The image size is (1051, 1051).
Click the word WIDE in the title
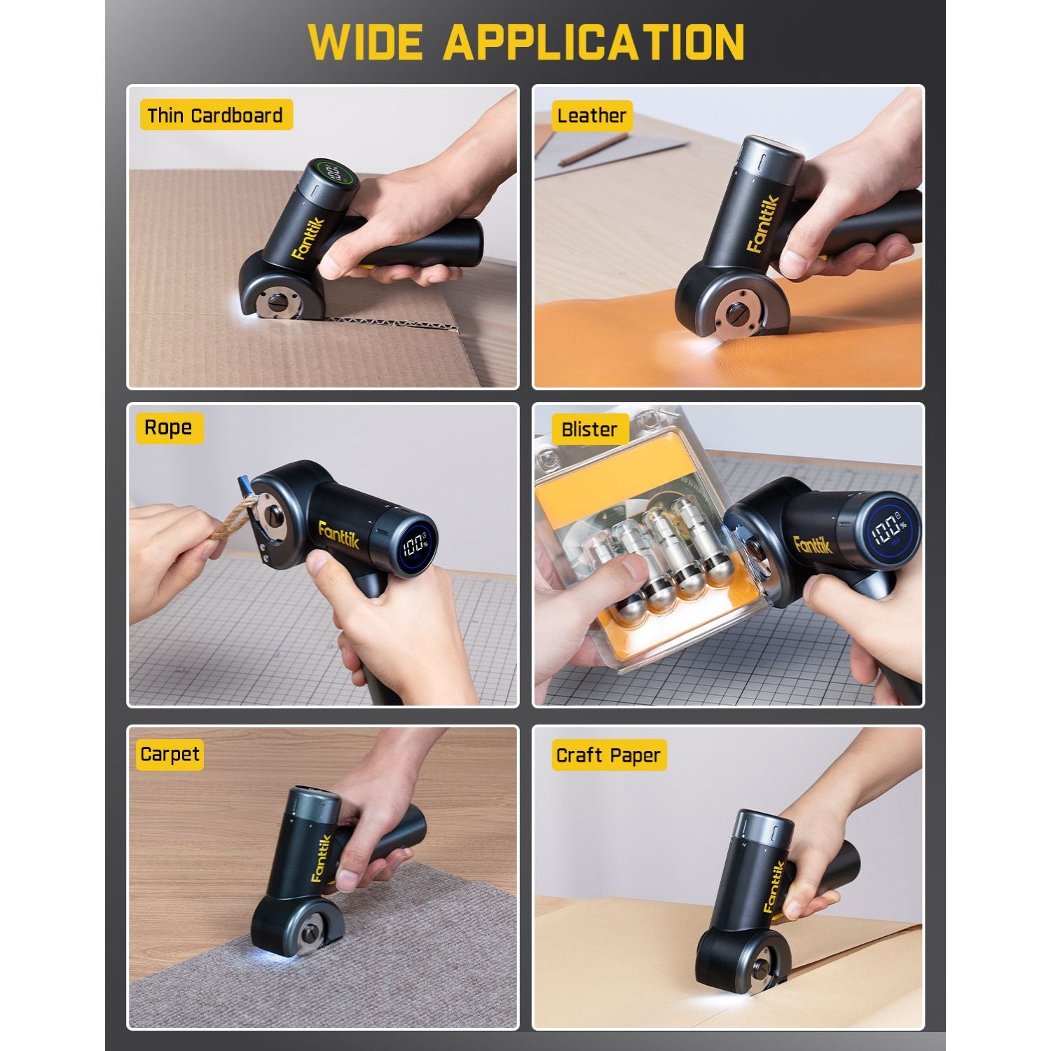click(365, 42)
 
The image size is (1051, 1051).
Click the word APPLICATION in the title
click(593, 42)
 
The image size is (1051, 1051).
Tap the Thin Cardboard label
click(215, 116)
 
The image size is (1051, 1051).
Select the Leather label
click(591, 116)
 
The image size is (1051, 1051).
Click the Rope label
click(168, 427)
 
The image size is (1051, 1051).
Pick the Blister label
click(589, 430)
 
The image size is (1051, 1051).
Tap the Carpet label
click(170, 755)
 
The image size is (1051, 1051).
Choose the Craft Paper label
click(608, 755)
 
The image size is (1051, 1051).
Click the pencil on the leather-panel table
click(591, 149)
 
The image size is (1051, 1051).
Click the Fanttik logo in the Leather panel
click(764, 224)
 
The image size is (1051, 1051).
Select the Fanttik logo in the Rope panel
click(341, 539)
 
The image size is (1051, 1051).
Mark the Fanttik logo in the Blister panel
click(813, 543)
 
